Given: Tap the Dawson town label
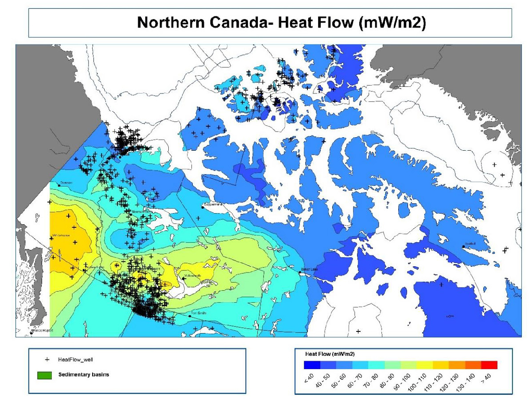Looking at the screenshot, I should [x=66, y=182].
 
